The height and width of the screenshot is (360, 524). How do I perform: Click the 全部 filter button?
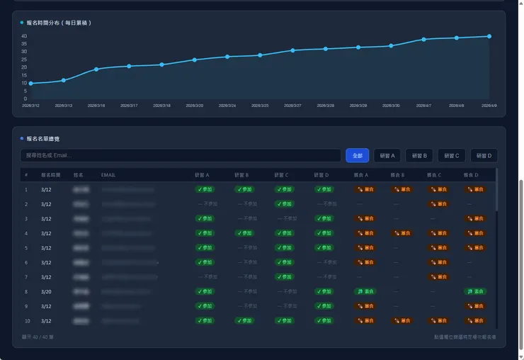tap(358, 155)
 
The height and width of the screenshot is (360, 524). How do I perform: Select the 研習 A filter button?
tap(387, 155)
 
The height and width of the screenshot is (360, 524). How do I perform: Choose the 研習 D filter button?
tap(483, 155)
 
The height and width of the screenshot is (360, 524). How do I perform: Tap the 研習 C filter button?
tap(451, 155)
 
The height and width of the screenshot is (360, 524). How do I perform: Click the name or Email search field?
tap(181, 155)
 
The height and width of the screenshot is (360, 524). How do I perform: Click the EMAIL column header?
tap(108, 174)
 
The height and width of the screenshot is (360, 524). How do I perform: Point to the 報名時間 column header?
tap(51, 174)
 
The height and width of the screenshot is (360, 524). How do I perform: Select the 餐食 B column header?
tap(397, 174)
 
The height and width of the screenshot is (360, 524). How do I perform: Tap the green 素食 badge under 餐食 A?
tap(365, 291)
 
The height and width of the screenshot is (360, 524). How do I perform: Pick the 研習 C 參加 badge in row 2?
tap(285, 204)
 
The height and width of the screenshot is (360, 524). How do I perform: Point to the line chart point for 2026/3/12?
tap(30, 84)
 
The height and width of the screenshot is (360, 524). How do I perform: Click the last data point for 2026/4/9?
tap(489, 36)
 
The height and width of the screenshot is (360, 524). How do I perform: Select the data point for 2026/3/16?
tap(96, 69)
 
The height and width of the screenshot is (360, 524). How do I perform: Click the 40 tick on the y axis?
tap(23, 36)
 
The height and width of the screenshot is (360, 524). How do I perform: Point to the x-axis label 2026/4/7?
tap(423, 106)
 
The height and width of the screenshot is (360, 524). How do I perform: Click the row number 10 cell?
tap(26, 321)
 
